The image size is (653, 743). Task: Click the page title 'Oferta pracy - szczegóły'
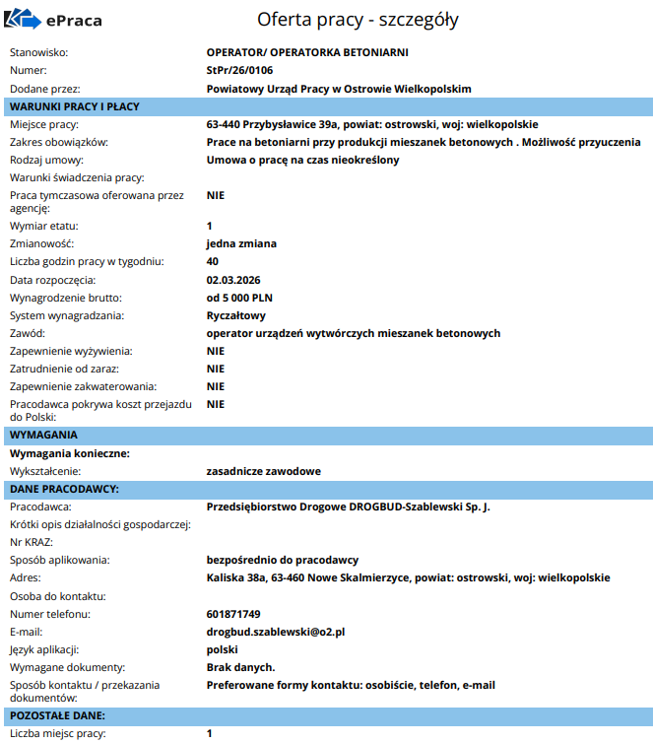(x=358, y=20)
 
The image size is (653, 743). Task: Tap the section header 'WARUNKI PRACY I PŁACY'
(x=75, y=106)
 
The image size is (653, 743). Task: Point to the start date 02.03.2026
(x=233, y=280)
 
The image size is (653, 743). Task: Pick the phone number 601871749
(x=233, y=614)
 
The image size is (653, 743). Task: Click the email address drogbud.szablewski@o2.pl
(x=275, y=632)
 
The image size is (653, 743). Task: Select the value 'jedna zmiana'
(x=241, y=243)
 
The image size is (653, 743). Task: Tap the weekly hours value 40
(x=213, y=261)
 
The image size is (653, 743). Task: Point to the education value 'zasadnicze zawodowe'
(x=263, y=471)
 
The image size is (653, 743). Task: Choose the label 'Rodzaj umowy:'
(x=46, y=160)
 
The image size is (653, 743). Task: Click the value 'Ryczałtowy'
(x=236, y=315)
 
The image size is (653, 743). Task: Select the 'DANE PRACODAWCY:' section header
(x=64, y=489)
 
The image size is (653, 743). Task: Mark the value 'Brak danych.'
(x=240, y=667)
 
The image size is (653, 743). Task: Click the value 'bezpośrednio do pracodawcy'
(x=282, y=560)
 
